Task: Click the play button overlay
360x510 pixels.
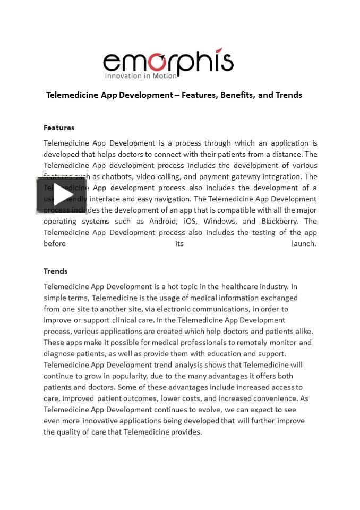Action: click(x=62, y=195)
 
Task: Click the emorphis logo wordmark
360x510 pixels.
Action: click(x=168, y=63)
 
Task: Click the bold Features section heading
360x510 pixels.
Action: click(x=59, y=127)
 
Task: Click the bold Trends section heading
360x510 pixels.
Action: click(x=56, y=271)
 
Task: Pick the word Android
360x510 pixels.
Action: click(x=152, y=221)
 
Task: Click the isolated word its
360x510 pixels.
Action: click(x=179, y=243)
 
